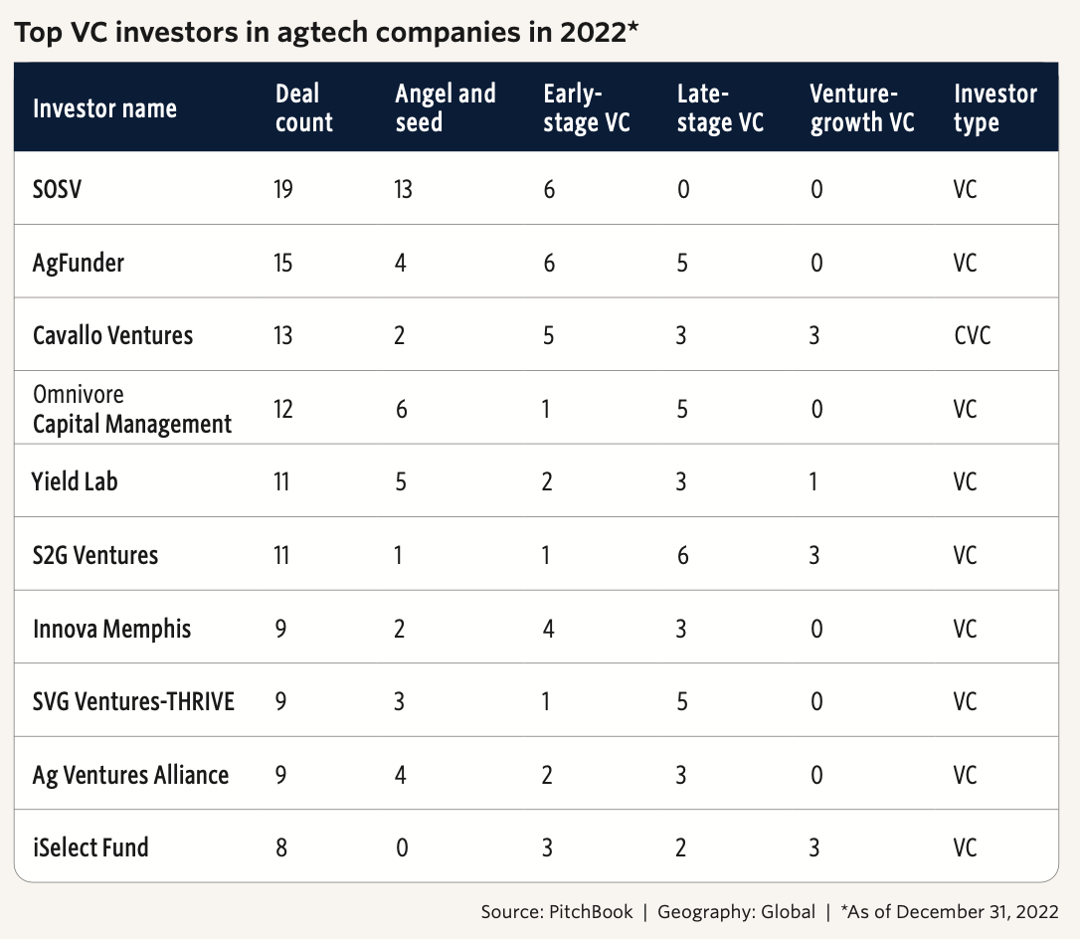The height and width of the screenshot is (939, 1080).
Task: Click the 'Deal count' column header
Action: pos(303,107)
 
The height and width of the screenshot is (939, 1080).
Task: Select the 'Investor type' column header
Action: pos(994,107)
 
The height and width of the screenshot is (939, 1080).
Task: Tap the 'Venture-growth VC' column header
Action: pos(861,107)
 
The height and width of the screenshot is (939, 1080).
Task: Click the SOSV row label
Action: pos(57,188)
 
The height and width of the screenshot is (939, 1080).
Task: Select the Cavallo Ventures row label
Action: pos(112,335)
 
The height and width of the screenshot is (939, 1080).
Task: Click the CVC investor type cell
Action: pos(972,335)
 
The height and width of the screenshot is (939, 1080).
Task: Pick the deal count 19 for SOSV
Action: pos(283,188)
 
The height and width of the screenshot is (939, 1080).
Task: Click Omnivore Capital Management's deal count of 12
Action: pos(283,409)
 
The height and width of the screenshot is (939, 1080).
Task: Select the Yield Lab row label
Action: pos(76,482)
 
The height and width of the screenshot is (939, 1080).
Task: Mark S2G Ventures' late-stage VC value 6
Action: pos(683,555)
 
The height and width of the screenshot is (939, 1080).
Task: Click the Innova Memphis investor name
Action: pos(111,629)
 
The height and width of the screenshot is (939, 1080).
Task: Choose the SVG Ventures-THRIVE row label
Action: pos(133,701)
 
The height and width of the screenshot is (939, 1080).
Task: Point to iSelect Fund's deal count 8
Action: pos(281,847)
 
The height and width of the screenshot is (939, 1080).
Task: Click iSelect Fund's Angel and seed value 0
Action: pos(402,847)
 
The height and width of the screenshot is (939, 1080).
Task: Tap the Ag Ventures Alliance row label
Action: pos(130,775)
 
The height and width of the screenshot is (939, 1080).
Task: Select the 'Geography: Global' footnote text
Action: pos(736,912)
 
